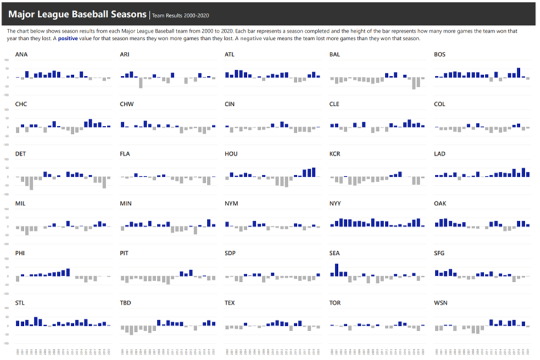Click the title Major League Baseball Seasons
[x=76, y=13]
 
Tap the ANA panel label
[x=21, y=54]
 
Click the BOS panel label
[x=440, y=54]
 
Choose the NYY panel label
[x=335, y=203]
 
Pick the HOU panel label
[x=231, y=153]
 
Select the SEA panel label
[x=335, y=253]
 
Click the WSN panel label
[x=440, y=303]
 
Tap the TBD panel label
[x=126, y=303]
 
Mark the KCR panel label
[x=335, y=153]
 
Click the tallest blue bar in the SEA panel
[x=337, y=270]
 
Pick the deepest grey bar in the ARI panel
[x=140, y=83]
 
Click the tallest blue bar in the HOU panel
[x=314, y=172]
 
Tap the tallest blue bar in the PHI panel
[x=68, y=273]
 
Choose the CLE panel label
[x=335, y=104]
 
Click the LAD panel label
[x=440, y=153]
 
